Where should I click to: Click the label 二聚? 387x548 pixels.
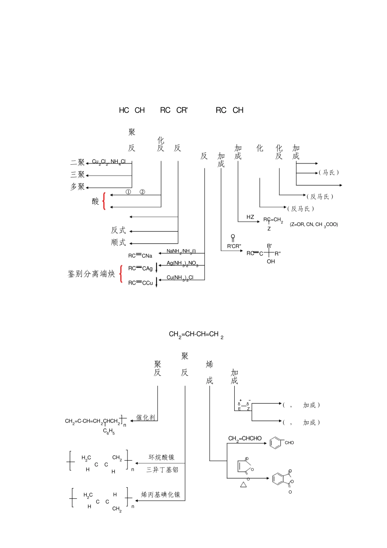coord(77,162)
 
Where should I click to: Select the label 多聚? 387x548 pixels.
coord(77,187)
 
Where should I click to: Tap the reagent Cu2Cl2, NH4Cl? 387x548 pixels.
coord(109,162)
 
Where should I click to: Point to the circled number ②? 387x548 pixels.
coord(142,192)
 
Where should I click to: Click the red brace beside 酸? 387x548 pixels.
coord(104,201)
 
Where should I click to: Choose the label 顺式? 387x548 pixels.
coord(119,243)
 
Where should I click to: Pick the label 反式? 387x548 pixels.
coord(119,230)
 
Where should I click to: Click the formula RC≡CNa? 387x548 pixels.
coord(140,256)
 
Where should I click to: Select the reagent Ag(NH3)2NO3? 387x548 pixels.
coord(182,264)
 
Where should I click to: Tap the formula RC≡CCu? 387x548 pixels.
coord(141,283)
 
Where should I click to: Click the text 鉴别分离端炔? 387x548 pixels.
coord(91,274)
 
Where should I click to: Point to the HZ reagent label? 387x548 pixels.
coord(250,217)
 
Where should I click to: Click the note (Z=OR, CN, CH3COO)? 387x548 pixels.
coord(314,225)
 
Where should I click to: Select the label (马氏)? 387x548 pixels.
coord(329,172)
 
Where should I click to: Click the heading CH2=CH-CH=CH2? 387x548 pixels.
coord(196,335)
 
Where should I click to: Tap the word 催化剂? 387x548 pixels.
coord(145,418)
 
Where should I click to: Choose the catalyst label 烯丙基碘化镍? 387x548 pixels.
coord(161,495)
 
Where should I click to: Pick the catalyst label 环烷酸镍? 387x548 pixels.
coord(161,457)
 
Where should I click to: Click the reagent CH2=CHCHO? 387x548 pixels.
coord(245,438)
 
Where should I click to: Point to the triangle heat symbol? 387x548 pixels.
coord(244,484)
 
